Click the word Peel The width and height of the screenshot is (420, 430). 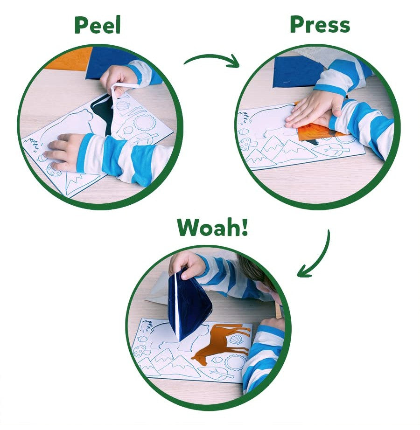(x=98, y=25)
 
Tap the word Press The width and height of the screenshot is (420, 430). (x=320, y=25)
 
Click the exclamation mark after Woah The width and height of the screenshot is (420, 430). (x=244, y=227)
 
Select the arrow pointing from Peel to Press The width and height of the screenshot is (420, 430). (x=212, y=60)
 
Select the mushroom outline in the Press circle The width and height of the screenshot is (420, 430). (x=245, y=144)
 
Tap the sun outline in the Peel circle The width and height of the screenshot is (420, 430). (x=144, y=123)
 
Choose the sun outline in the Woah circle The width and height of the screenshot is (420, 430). (x=234, y=362)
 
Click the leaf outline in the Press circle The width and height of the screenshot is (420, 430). (x=331, y=150)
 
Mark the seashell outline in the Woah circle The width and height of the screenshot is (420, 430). (x=236, y=340)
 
